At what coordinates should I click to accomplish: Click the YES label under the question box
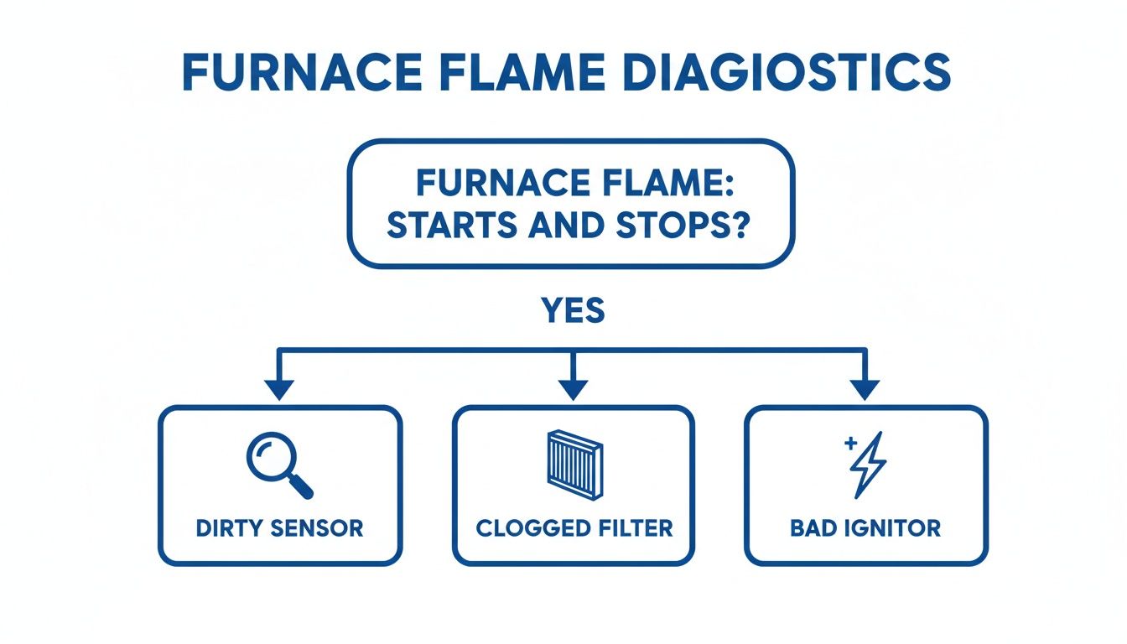pyautogui.click(x=573, y=311)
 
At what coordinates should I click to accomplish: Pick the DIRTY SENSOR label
pyautogui.click(x=280, y=528)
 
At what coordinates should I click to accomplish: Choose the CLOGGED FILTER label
pyautogui.click(x=574, y=528)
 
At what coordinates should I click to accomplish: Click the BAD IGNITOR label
pyautogui.click(x=865, y=528)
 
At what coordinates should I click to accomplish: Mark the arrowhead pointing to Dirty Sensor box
pyautogui.click(x=279, y=389)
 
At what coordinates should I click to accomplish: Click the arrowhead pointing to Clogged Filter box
pyautogui.click(x=574, y=389)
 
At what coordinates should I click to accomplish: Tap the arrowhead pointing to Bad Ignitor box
pyautogui.click(x=865, y=389)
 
